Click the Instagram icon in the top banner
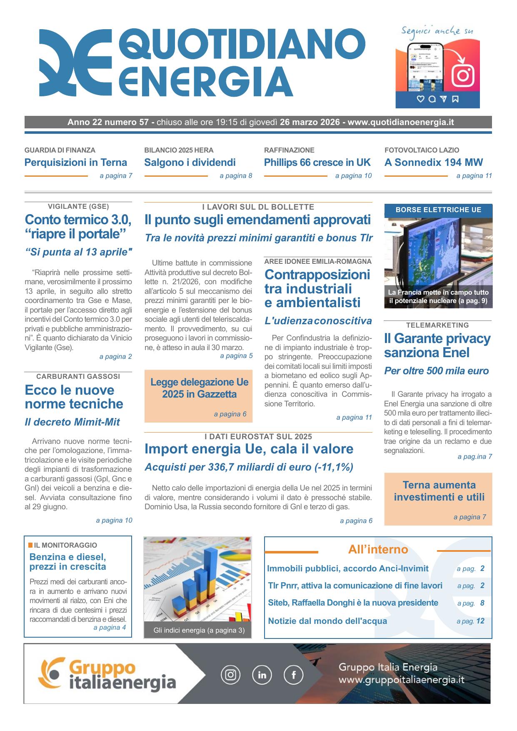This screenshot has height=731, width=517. point(463,75)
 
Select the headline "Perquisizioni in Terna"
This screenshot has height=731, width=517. point(76,163)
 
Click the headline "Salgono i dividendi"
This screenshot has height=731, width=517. point(190,163)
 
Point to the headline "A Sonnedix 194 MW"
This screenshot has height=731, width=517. point(434,163)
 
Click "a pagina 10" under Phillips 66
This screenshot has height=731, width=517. point(353,176)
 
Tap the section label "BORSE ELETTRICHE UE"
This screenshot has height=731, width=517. point(438,210)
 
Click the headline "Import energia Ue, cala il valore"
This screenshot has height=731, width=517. point(249,449)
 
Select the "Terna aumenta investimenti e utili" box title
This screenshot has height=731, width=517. point(439,491)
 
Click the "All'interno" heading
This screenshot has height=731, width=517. point(378,550)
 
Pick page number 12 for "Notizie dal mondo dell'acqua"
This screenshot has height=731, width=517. point(480,621)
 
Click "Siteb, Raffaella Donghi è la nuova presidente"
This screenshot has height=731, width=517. point(353,603)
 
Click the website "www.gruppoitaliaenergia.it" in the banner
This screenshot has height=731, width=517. point(401,680)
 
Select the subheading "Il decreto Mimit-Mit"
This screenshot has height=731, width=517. point(72,422)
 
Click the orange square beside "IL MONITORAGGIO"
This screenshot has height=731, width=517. point(30,545)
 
